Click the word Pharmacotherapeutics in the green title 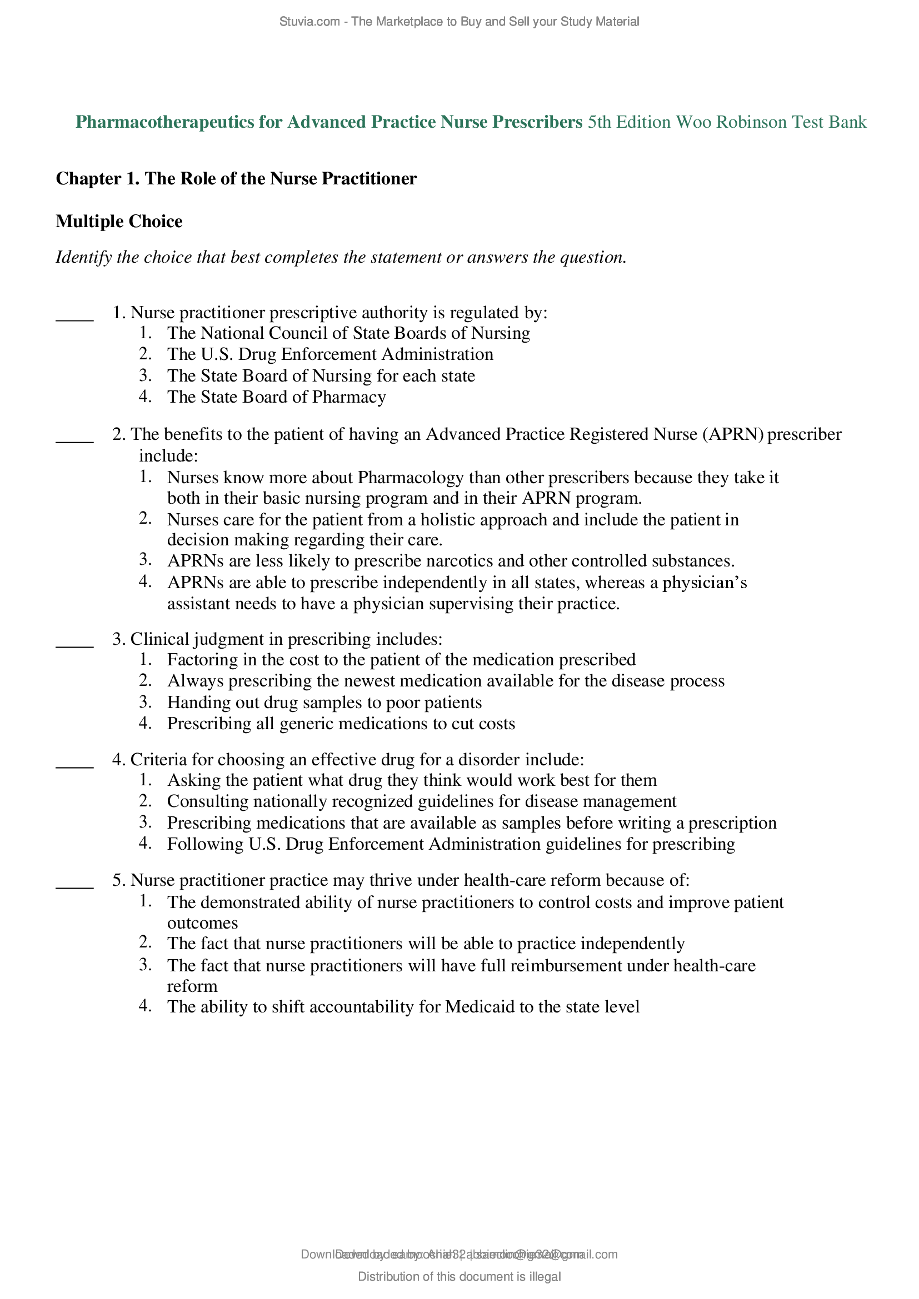point(164,122)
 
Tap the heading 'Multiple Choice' point(119,221)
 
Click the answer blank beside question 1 point(74,318)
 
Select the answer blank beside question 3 point(74,644)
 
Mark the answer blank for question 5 point(74,885)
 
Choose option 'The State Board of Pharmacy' point(276,397)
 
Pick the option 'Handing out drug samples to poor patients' point(324,702)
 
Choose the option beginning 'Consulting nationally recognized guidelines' point(422,801)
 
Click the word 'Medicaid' point(480,1006)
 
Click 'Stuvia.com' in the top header point(309,22)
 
